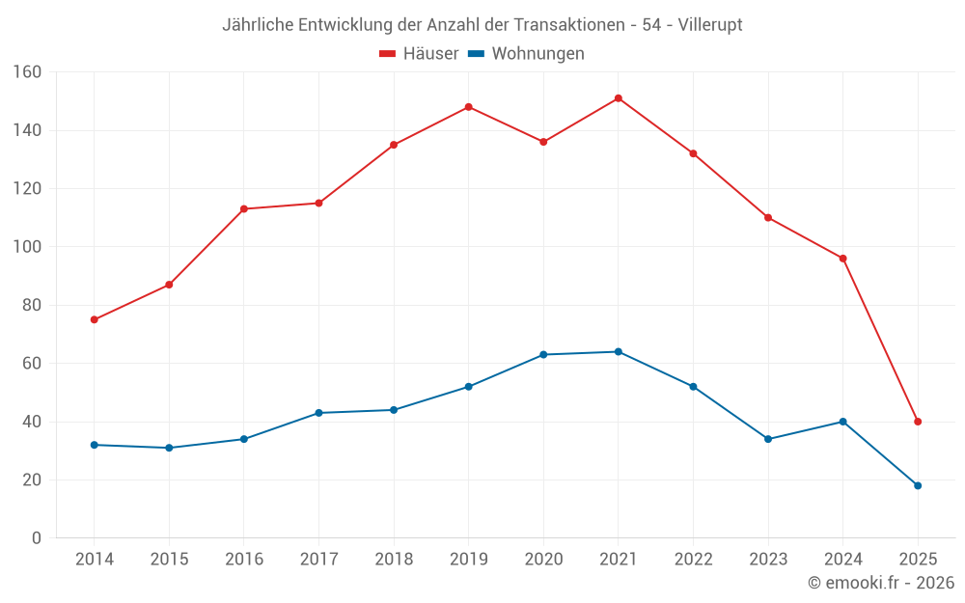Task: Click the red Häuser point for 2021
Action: coord(619,98)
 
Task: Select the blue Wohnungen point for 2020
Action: coord(543,355)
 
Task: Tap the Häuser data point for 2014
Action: coord(95,319)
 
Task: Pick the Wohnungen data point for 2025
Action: coord(918,485)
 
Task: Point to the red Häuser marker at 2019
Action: coord(469,107)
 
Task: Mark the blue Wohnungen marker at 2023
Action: coord(768,439)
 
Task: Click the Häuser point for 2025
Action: coord(918,422)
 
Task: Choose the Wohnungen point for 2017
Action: coord(318,413)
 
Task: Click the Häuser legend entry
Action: coord(419,54)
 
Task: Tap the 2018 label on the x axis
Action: coord(394,560)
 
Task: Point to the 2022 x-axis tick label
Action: coord(693,560)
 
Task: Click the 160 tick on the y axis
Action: coord(27,72)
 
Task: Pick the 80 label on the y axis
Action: coord(31,305)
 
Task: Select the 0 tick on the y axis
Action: coord(36,538)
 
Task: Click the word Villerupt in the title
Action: coord(710,25)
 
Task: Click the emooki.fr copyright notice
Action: coord(881,583)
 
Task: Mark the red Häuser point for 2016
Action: coord(244,209)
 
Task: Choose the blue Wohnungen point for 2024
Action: coord(842,422)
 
